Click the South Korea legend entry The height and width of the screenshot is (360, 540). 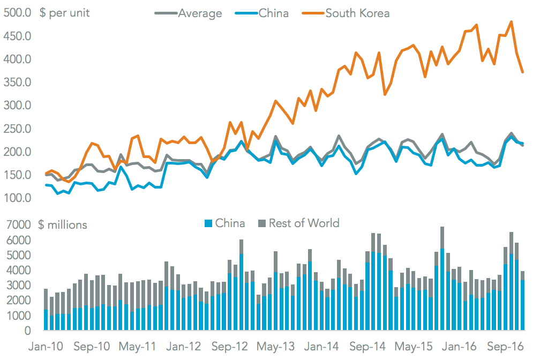tap(357, 13)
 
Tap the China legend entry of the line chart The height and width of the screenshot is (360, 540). tap(273, 13)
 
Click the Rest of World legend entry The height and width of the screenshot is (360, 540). tap(304, 223)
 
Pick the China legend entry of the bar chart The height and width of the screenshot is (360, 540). tap(230, 223)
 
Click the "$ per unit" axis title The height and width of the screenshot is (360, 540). tap(64, 13)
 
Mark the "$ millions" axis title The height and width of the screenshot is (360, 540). tap(62, 224)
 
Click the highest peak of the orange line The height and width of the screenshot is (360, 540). tap(511, 22)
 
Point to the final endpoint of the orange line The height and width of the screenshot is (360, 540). tap(523, 72)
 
